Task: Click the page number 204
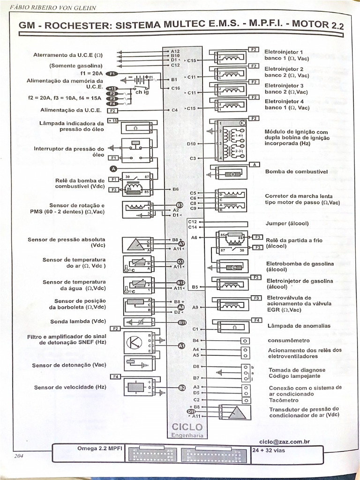(x=19, y=456)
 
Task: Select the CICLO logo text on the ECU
(x=187, y=427)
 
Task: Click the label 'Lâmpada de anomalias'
(x=299, y=326)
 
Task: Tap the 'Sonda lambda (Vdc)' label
(x=78, y=322)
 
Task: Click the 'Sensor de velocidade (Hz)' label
(x=70, y=387)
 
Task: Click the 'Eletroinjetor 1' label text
(x=284, y=52)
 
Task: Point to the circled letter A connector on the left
(x=113, y=169)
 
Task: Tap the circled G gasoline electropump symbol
(x=234, y=268)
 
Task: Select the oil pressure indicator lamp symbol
(x=135, y=128)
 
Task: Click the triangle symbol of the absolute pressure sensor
(x=135, y=245)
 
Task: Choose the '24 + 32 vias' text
(x=269, y=450)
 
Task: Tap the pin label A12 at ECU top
(x=175, y=51)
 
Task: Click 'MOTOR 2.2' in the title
(x=317, y=25)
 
